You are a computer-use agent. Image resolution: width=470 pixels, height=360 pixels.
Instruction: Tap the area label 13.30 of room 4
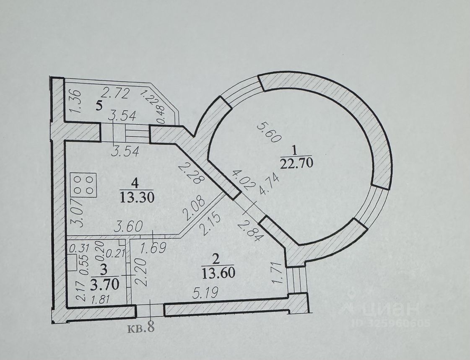(x=136, y=197)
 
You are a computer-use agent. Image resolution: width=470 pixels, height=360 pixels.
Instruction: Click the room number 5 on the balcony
(x=99, y=105)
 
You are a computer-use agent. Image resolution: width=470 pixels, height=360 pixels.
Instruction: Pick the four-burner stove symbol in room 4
(x=84, y=184)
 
